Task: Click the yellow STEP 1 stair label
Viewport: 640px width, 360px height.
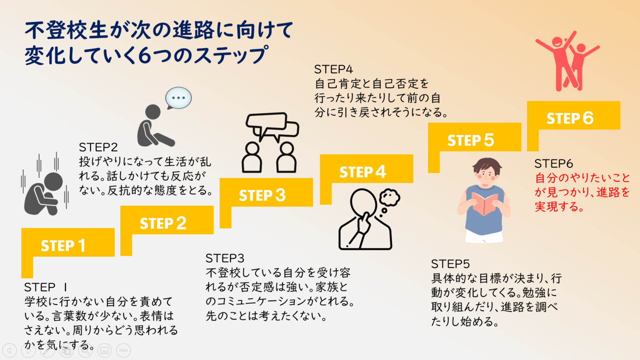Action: coord(63,245)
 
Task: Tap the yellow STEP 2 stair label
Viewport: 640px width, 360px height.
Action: coord(163,223)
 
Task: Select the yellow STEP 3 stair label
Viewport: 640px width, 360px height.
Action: coord(262,195)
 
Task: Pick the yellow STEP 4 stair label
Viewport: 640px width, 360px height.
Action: coord(362,172)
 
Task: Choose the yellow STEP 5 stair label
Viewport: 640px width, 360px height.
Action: coord(470,140)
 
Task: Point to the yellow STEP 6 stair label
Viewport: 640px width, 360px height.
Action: coord(570,118)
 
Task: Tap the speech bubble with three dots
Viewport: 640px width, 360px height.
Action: coord(178,98)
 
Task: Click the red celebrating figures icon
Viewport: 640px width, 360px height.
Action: coord(567,61)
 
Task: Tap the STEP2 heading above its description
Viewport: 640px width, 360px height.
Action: coord(98,147)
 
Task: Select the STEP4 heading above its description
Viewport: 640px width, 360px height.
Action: coord(333,69)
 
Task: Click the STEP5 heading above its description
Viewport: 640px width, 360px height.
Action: coord(450,264)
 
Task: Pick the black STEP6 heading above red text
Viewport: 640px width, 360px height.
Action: coord(553,163)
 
